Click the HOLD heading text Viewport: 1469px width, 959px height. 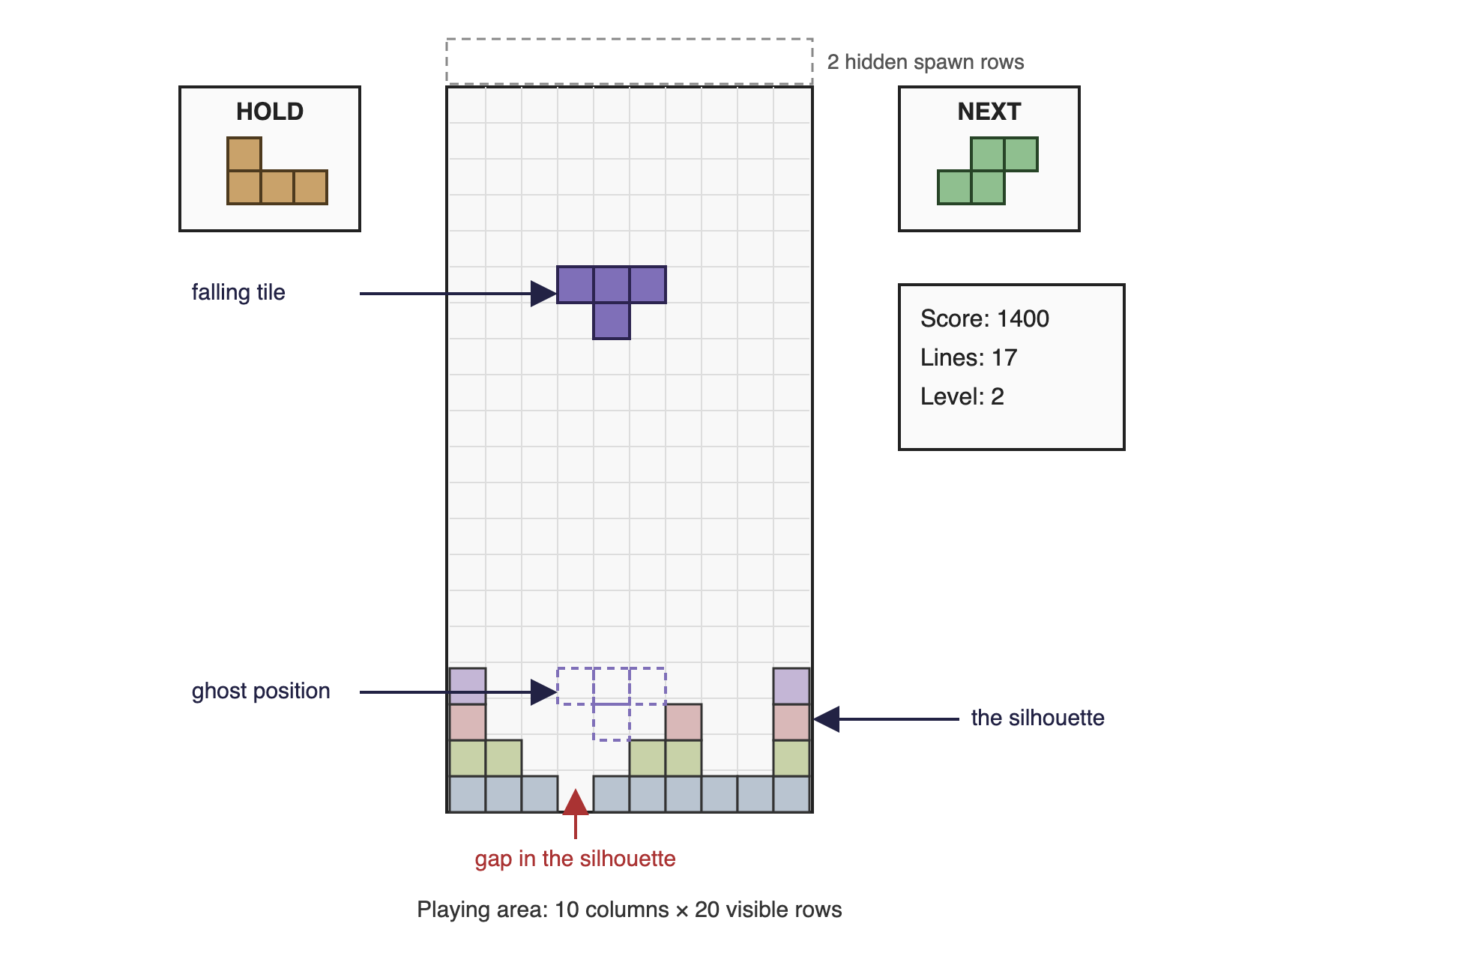click(270, 112)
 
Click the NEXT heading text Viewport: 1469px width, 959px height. click(989, 112)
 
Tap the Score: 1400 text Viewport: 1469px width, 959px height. click(984, 318)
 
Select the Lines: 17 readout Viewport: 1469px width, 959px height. click(968, 357)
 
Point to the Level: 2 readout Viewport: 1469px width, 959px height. click(962, 396)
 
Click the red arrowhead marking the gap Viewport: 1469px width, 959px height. click(576, 802)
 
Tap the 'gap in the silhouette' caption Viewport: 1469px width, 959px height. click(575, 859)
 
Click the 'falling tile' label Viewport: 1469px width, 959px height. click(238, 292)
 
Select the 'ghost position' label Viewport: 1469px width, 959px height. click(261, 691)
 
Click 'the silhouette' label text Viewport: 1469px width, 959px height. click(1037, 718)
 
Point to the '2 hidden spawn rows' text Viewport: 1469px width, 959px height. click(925, 62)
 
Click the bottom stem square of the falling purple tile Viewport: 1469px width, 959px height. click(612, 321)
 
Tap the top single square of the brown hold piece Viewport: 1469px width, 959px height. click(244, 154)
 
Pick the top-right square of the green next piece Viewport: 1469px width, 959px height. click(1021, 154)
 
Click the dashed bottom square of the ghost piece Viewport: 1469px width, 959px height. click(612, 722)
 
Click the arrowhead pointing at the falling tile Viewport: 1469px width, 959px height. click(543, 294)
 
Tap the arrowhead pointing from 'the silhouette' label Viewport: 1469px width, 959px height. click(826, 719)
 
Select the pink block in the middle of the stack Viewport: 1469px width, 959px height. click(684, 722)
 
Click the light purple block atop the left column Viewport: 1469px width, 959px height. click(468, 686)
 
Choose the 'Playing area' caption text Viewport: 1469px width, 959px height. click(629, 910)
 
